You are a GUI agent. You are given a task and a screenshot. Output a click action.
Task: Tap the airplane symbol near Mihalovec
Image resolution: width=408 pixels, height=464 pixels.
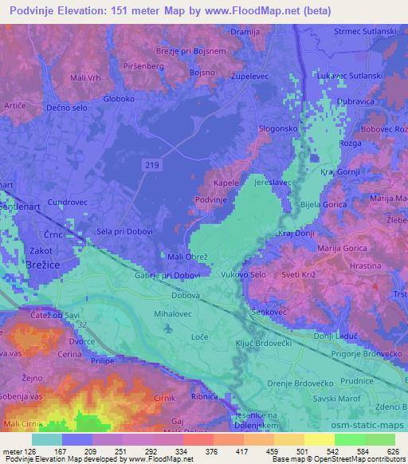(166, 328)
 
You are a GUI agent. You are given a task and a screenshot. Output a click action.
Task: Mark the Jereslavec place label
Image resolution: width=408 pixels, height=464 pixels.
(273, 183)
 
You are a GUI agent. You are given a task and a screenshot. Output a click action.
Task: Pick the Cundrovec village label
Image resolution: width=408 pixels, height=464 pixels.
(67, 203)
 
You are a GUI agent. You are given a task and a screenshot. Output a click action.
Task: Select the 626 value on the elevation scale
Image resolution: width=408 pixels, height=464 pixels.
(392, 450)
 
